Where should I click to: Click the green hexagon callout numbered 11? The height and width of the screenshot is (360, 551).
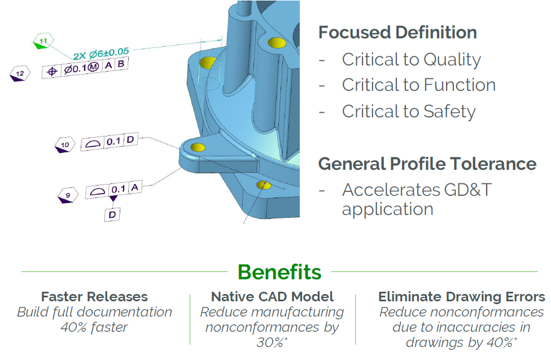tap(43, 42)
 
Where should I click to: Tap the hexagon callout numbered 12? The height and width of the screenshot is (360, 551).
tap(20, 73)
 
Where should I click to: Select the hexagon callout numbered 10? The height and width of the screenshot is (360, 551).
tap(65, 146)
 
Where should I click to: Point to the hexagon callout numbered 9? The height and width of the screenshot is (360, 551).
tap(68, 196)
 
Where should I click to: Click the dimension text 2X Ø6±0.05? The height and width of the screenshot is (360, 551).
tap(101, 54)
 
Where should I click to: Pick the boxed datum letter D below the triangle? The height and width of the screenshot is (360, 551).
tap(112, 214)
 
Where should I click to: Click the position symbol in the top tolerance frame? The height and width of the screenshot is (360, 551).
tap(52, 71)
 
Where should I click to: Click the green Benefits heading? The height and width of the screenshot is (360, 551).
tap(279, 272)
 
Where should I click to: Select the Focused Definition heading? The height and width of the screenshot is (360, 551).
tap(397, 32)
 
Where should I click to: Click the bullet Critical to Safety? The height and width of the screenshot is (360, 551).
tap(409, 111)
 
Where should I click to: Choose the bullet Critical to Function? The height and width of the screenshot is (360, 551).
tap(418, 85)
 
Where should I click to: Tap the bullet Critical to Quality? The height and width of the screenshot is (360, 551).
tap(411, 59)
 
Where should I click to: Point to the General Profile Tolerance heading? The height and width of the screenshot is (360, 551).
tap(427, 164)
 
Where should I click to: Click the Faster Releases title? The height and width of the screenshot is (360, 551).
tap(94, 297)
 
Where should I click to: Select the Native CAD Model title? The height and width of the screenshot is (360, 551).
tap(272, 297)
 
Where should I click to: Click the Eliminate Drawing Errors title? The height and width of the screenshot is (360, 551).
tap(461, 297)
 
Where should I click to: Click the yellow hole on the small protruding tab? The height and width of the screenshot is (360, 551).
tap(198, 147)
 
